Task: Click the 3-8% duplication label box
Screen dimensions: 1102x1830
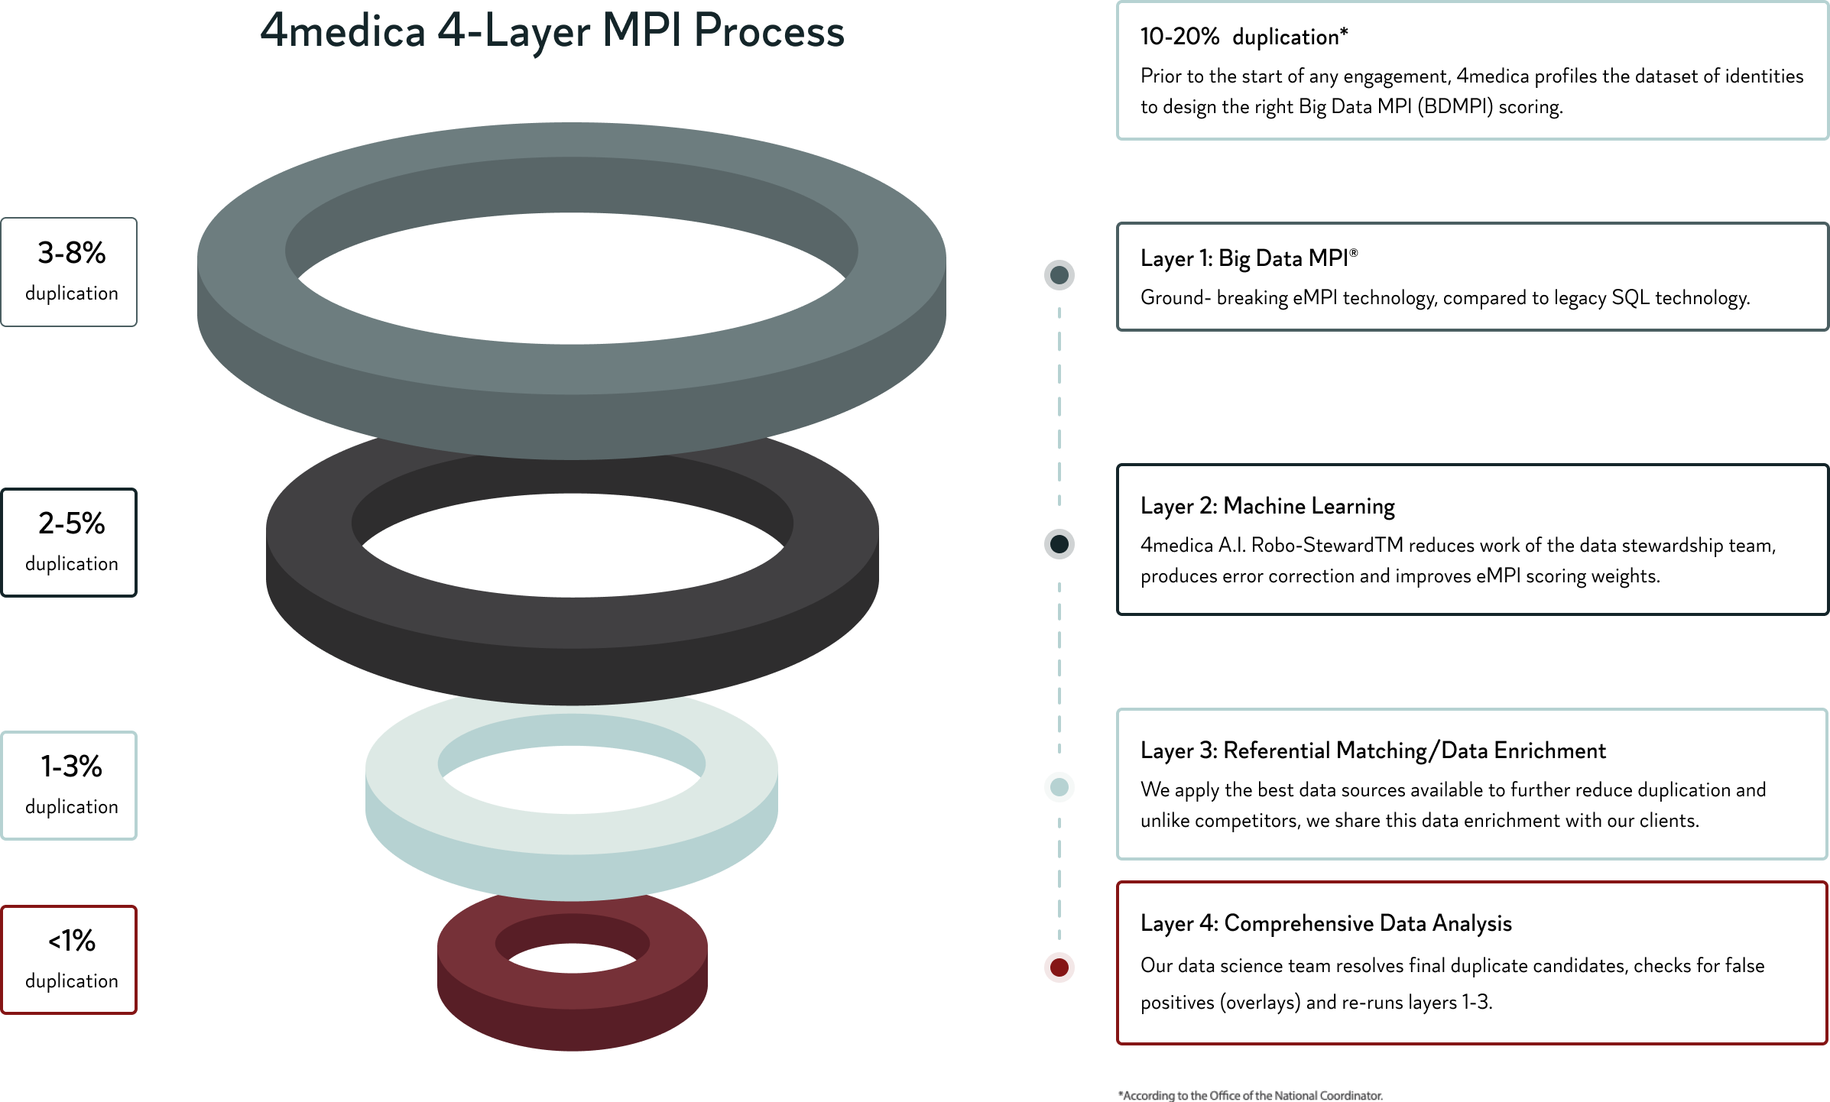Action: [70, 272]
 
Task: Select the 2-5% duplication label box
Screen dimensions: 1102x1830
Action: [70, 543]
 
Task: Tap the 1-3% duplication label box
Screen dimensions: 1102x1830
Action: [70, 786]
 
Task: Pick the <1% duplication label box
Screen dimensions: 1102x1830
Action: [70, 960]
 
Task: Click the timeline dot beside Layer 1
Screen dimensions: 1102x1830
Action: [1059, 275]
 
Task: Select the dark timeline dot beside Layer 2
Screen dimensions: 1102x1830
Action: [1059, 544]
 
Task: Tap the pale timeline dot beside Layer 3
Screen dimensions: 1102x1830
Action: [1059, 787]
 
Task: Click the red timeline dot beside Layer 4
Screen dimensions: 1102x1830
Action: [1059, 967]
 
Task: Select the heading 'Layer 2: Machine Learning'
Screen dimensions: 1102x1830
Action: [1267, 506]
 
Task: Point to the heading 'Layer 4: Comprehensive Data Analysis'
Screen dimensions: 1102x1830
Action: [1325, 923]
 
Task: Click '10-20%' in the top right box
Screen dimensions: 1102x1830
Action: [1179, 37]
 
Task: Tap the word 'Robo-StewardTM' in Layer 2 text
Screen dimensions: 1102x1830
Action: [1326, 545]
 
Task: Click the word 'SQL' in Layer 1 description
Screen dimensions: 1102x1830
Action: [1630, 297]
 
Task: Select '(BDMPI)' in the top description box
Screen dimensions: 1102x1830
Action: [1455, 106]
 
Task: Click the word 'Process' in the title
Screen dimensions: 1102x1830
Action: [769, 32]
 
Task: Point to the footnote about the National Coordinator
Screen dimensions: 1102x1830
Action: [1251, 1095]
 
